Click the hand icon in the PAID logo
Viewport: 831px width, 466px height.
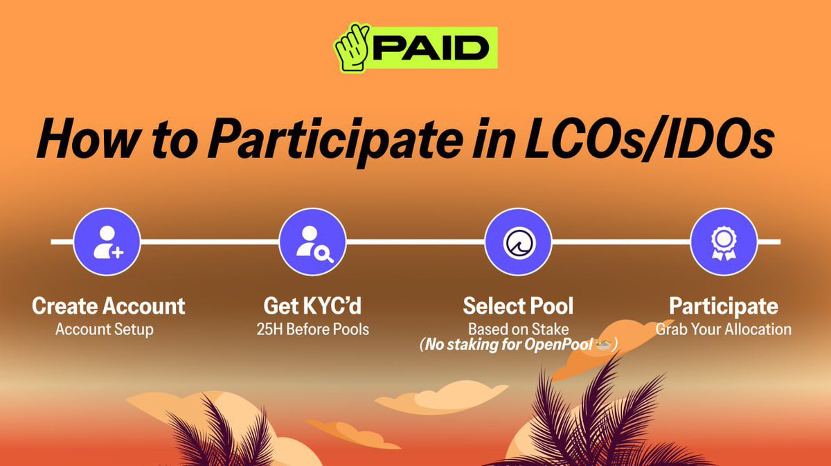point(352,48)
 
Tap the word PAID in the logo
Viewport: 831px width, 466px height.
point(431,48)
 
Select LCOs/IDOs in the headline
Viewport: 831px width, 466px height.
point(650,138)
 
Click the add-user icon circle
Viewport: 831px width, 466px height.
point(107,242)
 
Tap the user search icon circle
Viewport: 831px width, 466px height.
point(312,242)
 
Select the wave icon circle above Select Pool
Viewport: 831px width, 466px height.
point(518,242)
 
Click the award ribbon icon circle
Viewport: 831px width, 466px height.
point(724,242)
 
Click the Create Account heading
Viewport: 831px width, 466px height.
point(108,306)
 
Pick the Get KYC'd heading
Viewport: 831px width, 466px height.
point(312,306)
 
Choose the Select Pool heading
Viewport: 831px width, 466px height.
point(518,306)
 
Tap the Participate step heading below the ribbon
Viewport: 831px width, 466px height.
point(724,307)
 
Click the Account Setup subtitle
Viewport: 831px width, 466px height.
point(105,330)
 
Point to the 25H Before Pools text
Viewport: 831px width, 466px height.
point(313,329)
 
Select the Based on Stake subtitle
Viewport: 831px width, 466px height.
point(518,329)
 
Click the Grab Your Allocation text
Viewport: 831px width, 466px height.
point(724,330)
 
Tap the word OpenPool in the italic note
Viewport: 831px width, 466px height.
point(558,345)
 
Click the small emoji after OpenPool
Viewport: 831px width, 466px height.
point(603,344)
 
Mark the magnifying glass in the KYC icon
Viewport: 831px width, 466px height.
point(323,255)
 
